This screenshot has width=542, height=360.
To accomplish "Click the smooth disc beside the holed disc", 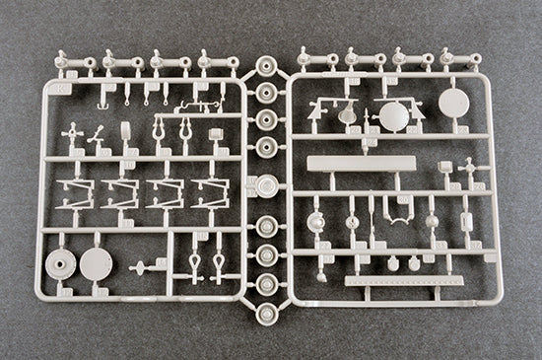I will (x=96, y=262).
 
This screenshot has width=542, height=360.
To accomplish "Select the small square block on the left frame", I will (x=215, y=134).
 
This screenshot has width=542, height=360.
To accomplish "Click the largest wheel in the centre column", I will (x=266, y=183).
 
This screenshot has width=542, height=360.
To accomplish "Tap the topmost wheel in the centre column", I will (x=265, y=67).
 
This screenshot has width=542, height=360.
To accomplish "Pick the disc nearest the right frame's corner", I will (x=453, y=103).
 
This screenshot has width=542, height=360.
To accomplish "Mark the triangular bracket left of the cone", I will (x=318, y=110).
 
